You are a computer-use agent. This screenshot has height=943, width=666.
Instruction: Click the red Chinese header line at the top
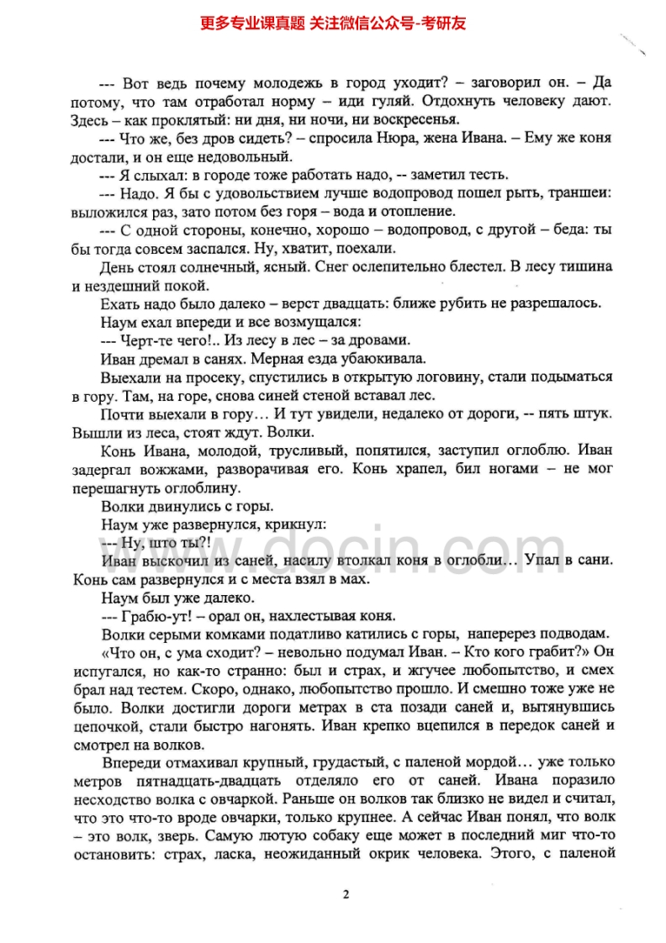pyautogui.click(x=333, y=23)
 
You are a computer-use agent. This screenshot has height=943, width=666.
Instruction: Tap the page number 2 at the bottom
pyautogui.click(x=345, y=893)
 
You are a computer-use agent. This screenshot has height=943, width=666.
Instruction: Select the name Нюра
pyautogui.click(x=410, y=137)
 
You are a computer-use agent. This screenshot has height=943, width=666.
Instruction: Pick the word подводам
pyautogui.click(x=566, y=633)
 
